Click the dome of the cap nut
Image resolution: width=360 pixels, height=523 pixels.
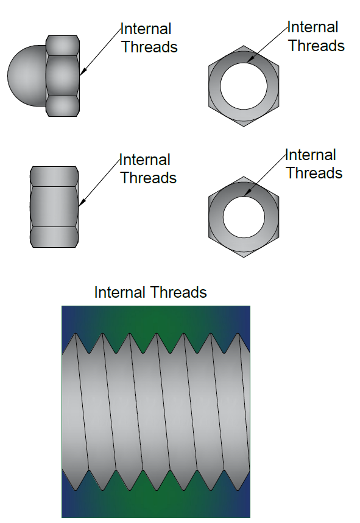[x=27, y=76]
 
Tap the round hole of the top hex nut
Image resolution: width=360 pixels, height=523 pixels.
[x=244, y=86]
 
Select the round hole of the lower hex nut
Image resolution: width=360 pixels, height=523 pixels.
[x=244, y=217]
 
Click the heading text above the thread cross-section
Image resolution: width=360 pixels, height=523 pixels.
[x=150, y=292]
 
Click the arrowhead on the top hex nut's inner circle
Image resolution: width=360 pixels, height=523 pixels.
[x=251, y=58]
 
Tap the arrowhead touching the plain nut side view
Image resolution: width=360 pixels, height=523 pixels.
[x=82, y=201]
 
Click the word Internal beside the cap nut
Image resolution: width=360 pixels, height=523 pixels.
[x=146, y=29]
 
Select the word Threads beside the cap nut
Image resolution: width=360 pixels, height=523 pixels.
[x=149, y=47]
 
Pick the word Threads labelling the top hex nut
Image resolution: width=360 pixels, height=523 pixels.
[x=316, y=46]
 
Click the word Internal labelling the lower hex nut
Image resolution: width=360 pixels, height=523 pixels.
[x=311, y=155]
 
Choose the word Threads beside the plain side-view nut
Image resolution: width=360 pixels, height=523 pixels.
[x=149, y=178]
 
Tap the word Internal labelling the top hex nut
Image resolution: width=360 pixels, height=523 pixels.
[x=313, y=27]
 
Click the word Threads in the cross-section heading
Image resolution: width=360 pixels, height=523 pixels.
[x=180, y=292]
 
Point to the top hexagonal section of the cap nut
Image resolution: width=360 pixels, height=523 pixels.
[x=62, y=46]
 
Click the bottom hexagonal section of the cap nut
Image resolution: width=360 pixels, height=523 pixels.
[x=62, y=107]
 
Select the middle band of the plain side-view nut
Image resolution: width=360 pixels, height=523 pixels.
[x=54, y=207]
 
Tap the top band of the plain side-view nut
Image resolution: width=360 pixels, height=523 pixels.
[x=54, y=177]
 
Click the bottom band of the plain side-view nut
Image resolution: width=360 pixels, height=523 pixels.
[x=54, y=237]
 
